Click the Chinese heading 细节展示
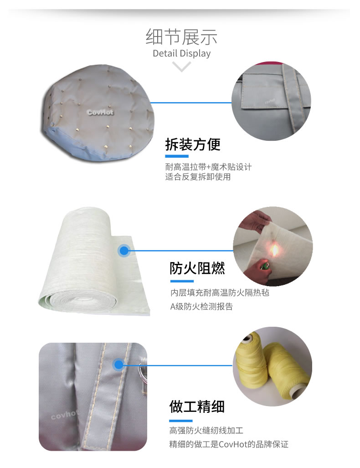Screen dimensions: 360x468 181,37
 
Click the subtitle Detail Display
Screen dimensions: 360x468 181,53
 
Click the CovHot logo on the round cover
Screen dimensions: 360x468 100,112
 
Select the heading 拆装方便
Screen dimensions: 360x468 193,144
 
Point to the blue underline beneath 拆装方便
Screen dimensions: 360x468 177,156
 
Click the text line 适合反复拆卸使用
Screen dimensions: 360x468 198,177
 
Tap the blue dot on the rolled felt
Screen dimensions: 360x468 124,250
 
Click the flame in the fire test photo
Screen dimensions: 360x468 274,250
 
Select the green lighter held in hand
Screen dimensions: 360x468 264,265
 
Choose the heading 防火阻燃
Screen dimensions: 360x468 197,268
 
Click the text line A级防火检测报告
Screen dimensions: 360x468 201,307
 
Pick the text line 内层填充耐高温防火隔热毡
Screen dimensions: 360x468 220,293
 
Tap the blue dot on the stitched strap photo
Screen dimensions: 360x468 118,365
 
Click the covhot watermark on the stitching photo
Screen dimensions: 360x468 65,414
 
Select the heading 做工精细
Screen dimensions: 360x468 197,406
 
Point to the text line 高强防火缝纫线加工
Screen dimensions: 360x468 206,430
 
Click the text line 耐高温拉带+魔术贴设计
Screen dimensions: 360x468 208,166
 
